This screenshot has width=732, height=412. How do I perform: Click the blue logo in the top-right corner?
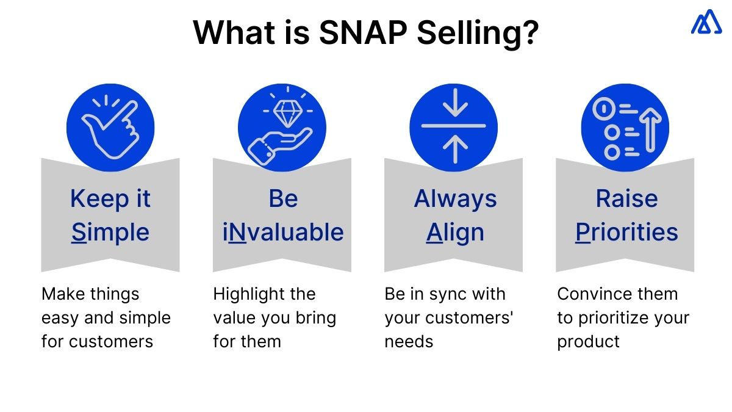point(706,23)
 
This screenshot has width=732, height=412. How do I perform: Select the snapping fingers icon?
point(110,127)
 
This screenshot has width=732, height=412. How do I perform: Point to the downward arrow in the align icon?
point(454,105)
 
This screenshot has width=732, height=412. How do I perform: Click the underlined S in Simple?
point(79,233)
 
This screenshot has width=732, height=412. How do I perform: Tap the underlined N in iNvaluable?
point(239,233)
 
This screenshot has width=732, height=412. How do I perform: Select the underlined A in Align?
point(434,233)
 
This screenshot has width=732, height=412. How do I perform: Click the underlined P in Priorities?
point(584,233)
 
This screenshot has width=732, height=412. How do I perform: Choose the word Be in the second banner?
point(283,199)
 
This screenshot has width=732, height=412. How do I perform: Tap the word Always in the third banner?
point(455,199)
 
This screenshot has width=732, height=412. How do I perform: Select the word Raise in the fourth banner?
point(626,199)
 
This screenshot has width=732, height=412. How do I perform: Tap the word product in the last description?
point(588,342)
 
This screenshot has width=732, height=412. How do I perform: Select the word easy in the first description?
point(57,318)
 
